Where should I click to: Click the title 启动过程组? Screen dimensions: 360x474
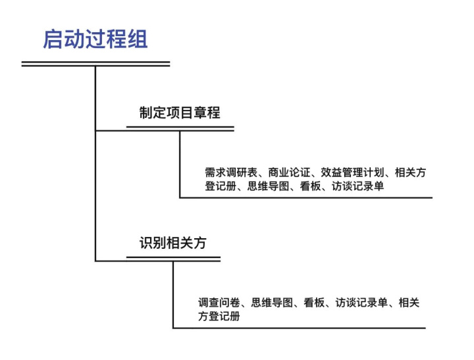[x=95, y=39]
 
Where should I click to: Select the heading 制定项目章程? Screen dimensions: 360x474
[x=179, y=113]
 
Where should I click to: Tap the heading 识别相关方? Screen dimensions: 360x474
[x=172, y=242]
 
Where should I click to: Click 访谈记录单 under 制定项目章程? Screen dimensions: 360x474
[x=357, y=186]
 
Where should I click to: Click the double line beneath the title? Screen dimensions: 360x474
[x=95, y=64]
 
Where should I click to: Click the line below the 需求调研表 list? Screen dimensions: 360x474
[x=306, y=197]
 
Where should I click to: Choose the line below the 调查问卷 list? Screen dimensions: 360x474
[x=300, y=327]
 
